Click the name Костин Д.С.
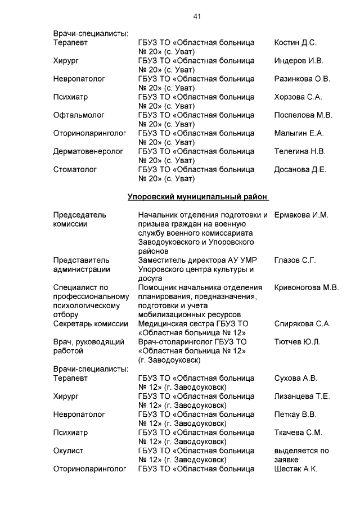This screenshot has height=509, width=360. tap(295, 43)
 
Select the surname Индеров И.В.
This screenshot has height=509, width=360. tap(298, 61)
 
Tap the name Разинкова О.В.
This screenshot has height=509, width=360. tap(302, 79)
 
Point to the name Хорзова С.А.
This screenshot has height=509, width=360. tap(298, 97)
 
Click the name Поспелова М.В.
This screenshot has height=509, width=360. tap(303, 115)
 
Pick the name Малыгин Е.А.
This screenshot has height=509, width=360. tap(299, 133)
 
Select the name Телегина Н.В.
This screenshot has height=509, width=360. tap(299, 151)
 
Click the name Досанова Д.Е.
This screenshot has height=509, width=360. tap(300, 169)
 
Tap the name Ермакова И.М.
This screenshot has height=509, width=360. tap(301, 215)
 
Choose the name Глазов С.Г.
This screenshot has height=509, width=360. tap(295, 260)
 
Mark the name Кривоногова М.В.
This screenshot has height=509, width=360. tap(306, 287)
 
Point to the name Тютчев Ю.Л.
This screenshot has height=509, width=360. tap(297, 342)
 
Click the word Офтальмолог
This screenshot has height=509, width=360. tap(79, 115)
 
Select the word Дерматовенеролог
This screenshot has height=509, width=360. tap(88, 151)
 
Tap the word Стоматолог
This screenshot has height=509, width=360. tap(75, 169)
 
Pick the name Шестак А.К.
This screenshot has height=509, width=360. tap(295, 469)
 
